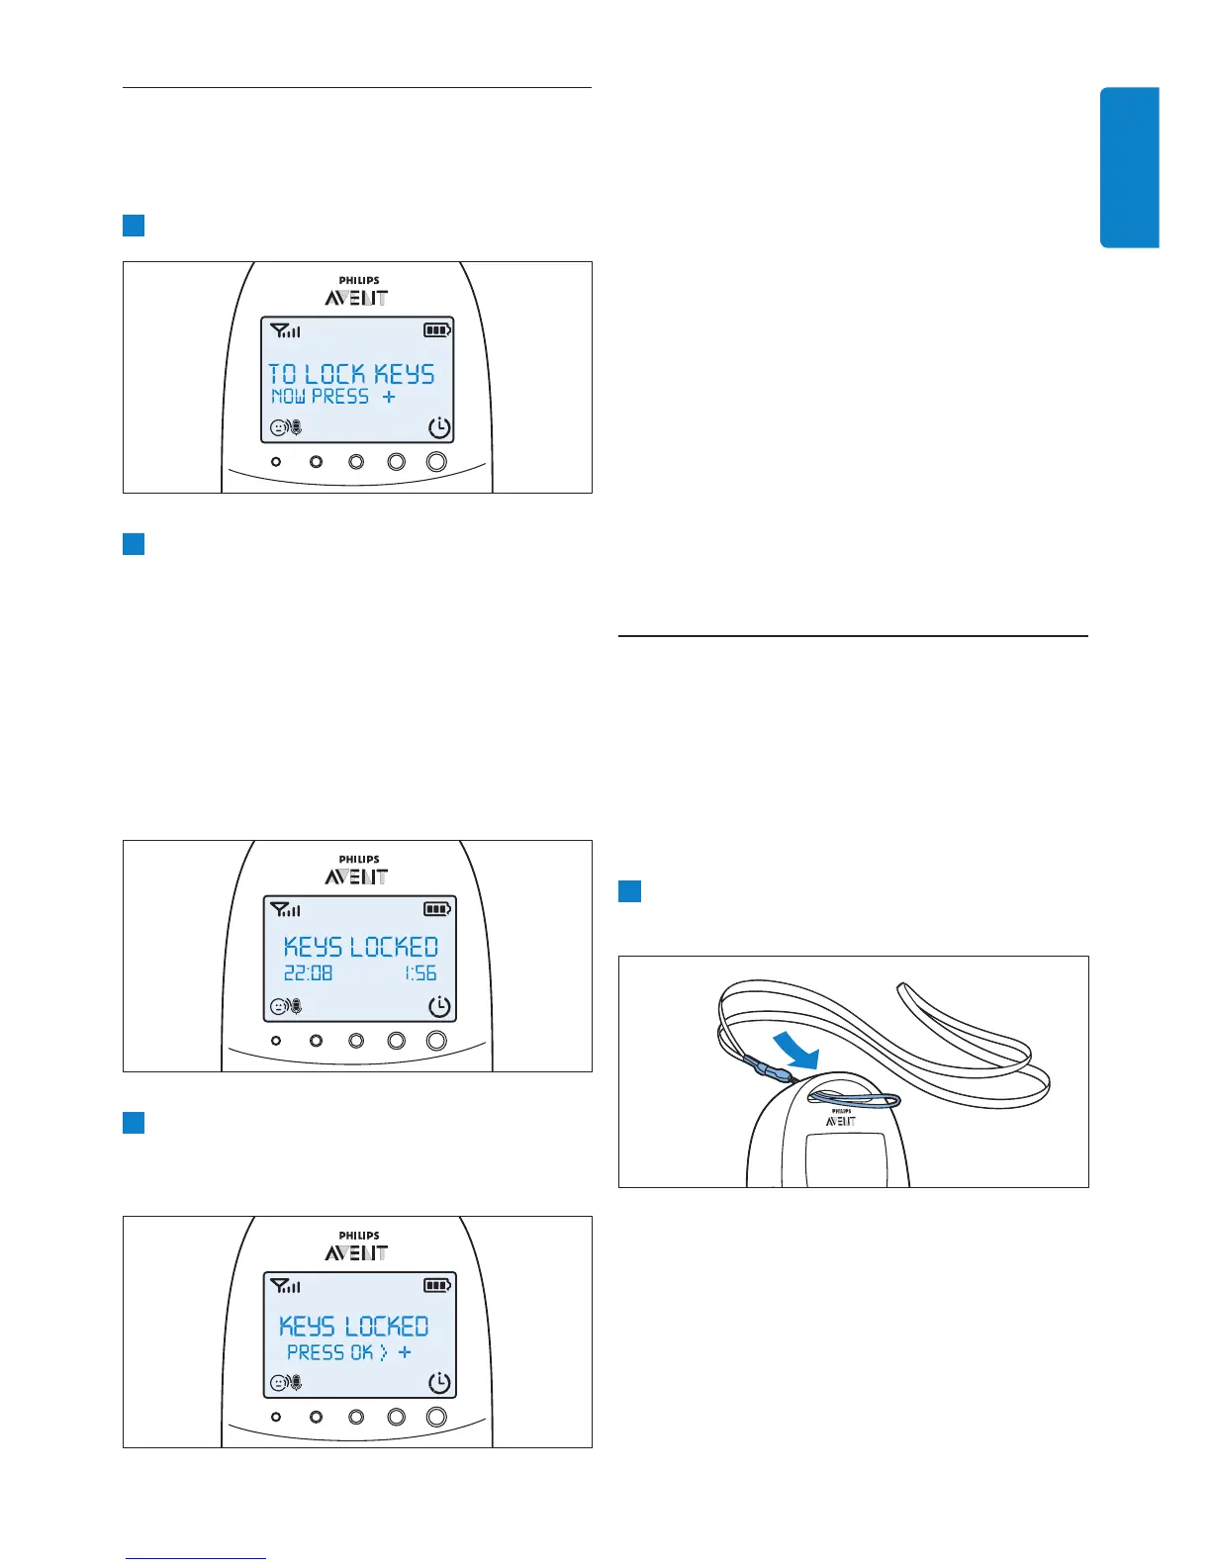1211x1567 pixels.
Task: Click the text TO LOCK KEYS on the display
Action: click(351, 374)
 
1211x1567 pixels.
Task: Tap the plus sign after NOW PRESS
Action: click(389, 396)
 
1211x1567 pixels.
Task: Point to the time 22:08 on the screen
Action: click(308, 973)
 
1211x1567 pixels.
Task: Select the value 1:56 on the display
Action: click(420, 973)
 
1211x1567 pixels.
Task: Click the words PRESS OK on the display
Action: click(329, 1352)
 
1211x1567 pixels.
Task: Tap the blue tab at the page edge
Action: click(1129, 167)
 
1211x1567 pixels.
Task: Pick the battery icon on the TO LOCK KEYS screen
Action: click(437, 330)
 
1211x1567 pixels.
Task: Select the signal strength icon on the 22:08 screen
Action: click(285, 909)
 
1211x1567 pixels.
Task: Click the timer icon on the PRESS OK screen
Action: click(439, 1383)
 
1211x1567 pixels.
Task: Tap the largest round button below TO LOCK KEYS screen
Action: click(436, 461)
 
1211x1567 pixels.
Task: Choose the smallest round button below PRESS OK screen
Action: click(276, 1417)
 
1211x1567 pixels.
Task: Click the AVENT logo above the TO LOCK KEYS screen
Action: click(356, 297)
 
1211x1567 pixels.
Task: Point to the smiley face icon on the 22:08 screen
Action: click(279, 1007)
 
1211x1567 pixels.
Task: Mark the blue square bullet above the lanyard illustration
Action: click(629, 891)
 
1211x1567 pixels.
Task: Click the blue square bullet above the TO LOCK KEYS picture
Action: click(134, 226)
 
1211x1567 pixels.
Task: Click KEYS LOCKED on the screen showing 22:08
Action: click(361, 947)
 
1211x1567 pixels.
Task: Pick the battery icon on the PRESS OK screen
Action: click(437, 1286)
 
